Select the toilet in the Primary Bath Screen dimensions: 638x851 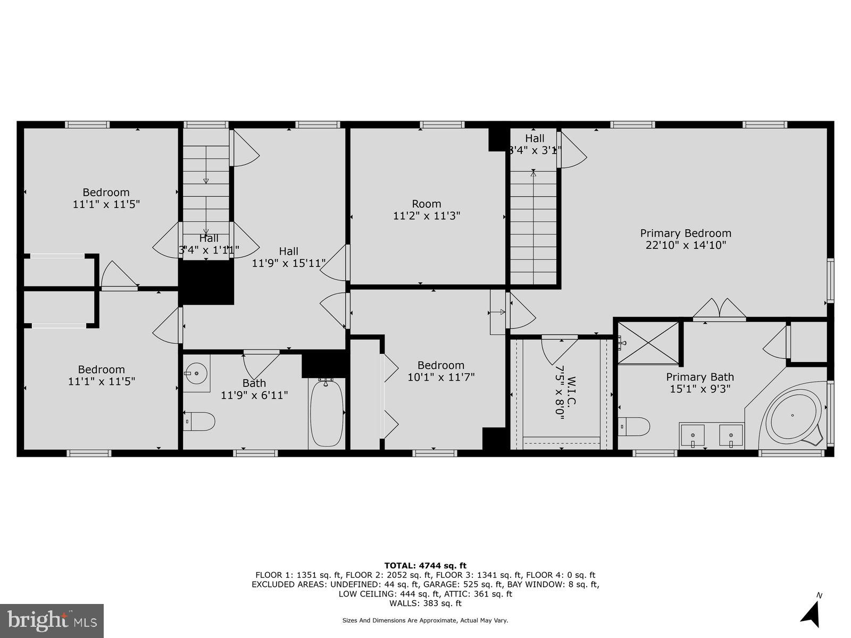click(x=635, y=425)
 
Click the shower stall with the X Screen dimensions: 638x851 click(x=648, y=343)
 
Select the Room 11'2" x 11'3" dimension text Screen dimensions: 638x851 click(x=427, y=216)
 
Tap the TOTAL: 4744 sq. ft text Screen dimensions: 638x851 click(x=425, y=566)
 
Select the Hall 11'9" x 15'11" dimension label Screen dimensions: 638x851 click(x=289, y=263)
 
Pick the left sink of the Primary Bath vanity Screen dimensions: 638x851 click(x=693, y=435)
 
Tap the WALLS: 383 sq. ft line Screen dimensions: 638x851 click(x=425, y=603)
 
